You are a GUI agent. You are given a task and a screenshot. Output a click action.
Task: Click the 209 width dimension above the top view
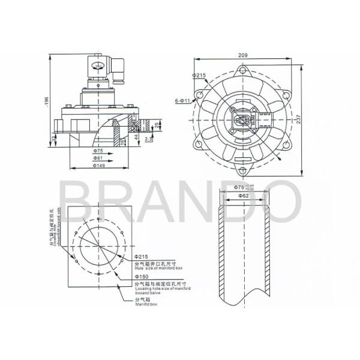pos(242,55)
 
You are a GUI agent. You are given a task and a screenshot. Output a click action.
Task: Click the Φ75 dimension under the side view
pos(98,151)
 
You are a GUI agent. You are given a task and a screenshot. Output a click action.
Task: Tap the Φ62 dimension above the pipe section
pos(242,196)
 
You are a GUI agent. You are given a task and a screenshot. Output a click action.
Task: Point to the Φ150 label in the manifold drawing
pos(142,277)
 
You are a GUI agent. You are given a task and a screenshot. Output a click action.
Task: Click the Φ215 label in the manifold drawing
pos(142,257)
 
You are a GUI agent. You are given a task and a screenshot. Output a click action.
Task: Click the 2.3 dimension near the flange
pos(148,139)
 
